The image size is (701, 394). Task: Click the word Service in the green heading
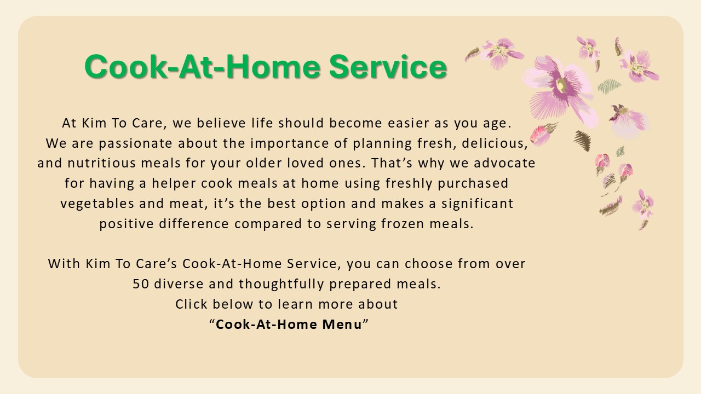[x=388, y=66]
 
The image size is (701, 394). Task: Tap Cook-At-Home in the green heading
[x=203, y=66]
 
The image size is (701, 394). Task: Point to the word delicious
[x=495, y=143]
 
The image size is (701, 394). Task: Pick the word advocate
[x=504, y=163]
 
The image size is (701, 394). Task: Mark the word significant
[x=477, y=204]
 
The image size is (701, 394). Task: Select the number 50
[x=141, y=284]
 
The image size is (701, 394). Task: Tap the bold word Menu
[x=342, y=325]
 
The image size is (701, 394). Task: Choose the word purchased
[x=473, y=183]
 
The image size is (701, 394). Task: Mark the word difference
[x=194, y=224]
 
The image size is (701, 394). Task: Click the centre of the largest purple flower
[x=561, y=85]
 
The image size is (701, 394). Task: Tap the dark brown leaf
[x=582, y=141]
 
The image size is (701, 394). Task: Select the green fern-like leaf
[x=609, y=86]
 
